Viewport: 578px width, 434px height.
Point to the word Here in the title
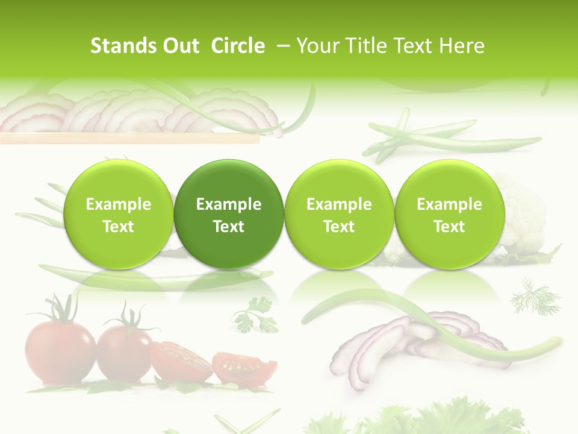click(462, 46)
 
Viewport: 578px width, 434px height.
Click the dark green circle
click(229, 214)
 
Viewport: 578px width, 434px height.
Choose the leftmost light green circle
click(119, 214)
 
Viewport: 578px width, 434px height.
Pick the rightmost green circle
click(449, 214)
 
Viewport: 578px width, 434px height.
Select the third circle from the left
click(339, 214)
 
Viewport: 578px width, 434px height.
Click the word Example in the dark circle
click(229, 204)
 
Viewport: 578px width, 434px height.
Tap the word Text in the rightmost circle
click(449, 227)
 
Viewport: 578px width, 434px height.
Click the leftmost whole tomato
click(59, 353)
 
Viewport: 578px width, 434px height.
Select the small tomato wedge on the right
click(244, 367)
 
